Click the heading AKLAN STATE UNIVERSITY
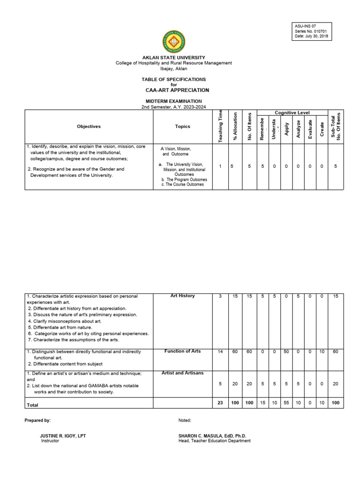[174, 58]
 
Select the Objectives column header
[89, 127]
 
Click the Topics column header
[182, 127]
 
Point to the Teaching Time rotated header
[220, 126]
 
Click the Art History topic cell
[182, 296]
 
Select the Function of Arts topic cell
[182, 352]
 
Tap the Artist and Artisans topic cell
[182, 373]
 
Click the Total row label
[33, 404]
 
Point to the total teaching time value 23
[220, 403]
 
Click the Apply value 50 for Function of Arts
[286, 352]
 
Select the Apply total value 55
[286, 403]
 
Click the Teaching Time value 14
[220, 352]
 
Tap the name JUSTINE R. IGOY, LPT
[63, 436]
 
